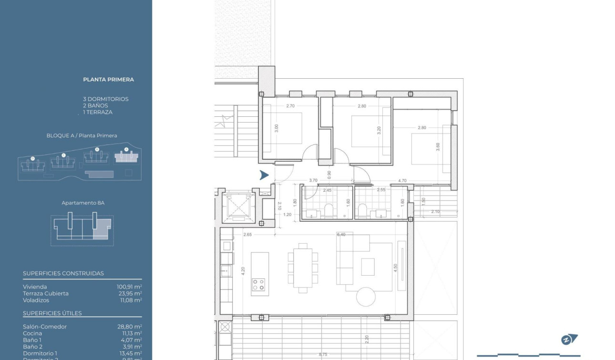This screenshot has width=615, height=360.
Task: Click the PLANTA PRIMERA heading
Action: [x=108, y=80]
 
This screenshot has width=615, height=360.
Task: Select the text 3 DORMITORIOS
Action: [x=105, y=99]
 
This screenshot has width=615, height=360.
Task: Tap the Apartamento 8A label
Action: [x=83, y=203]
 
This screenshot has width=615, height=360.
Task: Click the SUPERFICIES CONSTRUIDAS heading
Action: [x=63, y=273]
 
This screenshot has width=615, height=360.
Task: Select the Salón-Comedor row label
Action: [x=45, y=327]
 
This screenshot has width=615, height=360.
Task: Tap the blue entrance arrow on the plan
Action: [x=264, y=175]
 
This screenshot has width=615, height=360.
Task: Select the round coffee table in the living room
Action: [x=366, y=297]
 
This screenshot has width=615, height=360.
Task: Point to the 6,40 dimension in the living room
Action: [x=341, y=235]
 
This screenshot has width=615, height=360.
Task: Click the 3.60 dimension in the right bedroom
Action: [x=438, y=147]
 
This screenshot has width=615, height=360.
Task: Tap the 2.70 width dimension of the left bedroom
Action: [x=290, y=106]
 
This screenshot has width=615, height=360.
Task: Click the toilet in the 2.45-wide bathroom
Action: [x=328, y=210]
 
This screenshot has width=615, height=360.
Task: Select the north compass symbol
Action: [x=569, y=339]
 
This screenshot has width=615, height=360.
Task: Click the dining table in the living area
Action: [x=302, y=267]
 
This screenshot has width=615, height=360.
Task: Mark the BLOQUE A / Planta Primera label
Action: [x=82, y=135]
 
